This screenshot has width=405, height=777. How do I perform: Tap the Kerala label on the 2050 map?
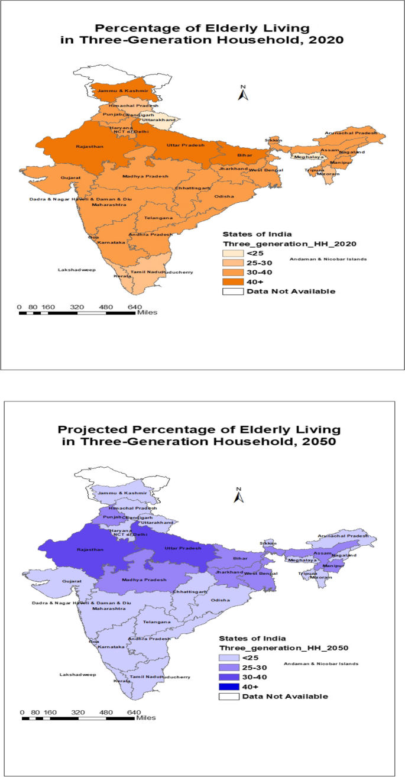[x=122, y=681]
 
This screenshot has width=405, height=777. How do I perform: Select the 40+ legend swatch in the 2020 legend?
[x=234, y=281]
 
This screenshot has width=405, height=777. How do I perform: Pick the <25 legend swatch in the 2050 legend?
[x=230, y=658]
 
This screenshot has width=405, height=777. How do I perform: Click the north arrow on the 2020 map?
[x=242, y=93]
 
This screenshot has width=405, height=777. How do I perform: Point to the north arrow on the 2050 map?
[x=239, y=496]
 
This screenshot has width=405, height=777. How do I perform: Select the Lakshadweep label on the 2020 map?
[x=76, y=270]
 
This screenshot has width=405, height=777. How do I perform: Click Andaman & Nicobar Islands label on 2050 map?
[x=320, y=663]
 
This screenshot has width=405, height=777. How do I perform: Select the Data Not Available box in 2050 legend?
[x=230, y=696]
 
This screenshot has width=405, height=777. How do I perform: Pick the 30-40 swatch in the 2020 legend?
[x=234, y=271]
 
